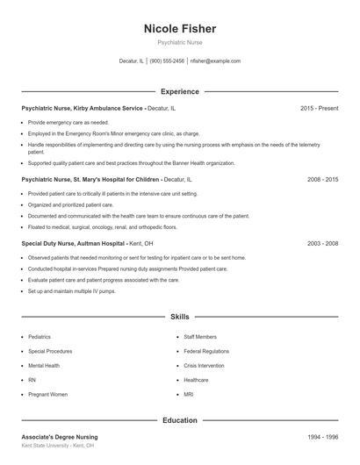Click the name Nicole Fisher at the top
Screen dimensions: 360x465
pyautogui.click(x=180, y=29)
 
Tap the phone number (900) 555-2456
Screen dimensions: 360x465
pyautogui.click(x=167, y=61)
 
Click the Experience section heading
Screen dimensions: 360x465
pyautogui.click(x=180, y=91)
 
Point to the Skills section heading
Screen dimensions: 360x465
pyautogui.click(x=180, y=316)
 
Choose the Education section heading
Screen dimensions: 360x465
pyautogui.click(x=180, y=420)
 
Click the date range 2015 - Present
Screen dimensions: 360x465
pyautogui.click(x=319, y=108)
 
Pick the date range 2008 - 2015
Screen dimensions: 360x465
pyautogui.click(x=322, y=178)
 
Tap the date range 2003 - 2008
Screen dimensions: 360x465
pyautogui.click(x=322, y=243)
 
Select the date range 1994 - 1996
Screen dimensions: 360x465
pyautogui.click(x=322, y=437)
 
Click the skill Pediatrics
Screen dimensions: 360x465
pyautogui.click(x=40, y=337)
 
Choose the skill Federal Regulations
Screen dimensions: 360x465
pyautogui.click(x=206, y=351)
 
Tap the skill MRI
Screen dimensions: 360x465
pyautogui.click(x=189, y=395)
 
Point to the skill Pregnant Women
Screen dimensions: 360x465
pyautogui.click(x=47, y=395)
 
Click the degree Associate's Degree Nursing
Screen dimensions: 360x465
pyautogui.click(x=60, y=437)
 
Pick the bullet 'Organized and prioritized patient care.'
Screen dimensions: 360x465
pyautogui.click(x=71, y=204)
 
